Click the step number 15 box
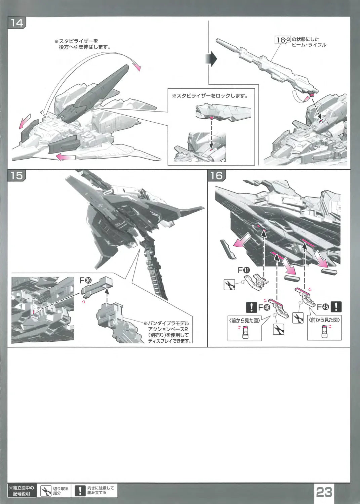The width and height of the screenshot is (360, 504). click(16, 175)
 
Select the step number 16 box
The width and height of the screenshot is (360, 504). click(217, 175)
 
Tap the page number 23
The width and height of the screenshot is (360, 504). click(324, 492)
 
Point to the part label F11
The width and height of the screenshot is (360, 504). click(244, 270)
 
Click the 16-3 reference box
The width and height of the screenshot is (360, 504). click(283, 40)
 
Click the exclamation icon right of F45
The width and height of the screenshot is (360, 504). click(336, 307)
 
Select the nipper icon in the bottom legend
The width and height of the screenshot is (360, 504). click(45, 491)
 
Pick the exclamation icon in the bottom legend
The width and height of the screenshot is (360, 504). click(80, 491)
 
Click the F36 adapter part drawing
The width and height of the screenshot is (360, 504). click(97, 285)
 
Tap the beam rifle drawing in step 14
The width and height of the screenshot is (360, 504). click(266, 64)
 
